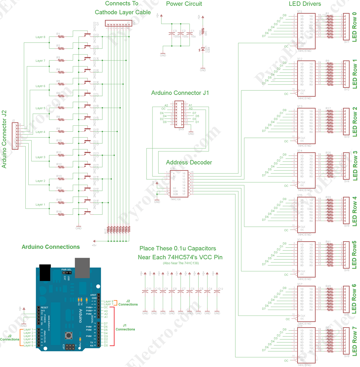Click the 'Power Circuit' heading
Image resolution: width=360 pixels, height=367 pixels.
184,4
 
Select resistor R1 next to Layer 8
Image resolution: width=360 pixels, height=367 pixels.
60,37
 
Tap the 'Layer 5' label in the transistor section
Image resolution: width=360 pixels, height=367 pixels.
40,108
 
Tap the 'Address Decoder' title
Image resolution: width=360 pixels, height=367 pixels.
189,162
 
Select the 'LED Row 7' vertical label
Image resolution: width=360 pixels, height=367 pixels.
354,343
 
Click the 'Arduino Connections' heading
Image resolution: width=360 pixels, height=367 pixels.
51,247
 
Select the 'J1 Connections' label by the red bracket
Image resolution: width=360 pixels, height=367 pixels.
125,327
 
